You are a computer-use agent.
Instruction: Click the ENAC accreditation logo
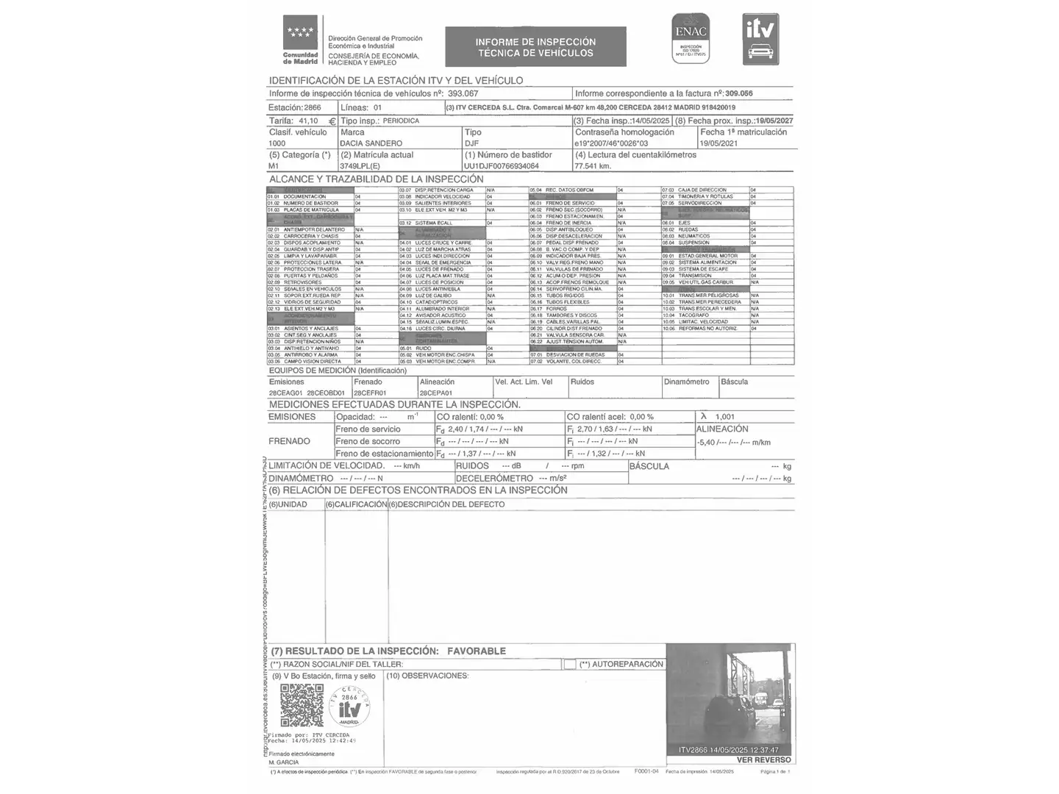(x=690, y=38)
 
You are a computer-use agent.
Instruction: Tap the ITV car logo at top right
(x=760, y=39)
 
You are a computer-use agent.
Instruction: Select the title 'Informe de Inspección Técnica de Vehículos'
(x=535, y=47)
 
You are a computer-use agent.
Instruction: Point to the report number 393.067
(x=463, y=94)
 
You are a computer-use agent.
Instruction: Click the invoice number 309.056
(x=739, y=94)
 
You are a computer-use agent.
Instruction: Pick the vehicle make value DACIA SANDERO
(x=371, y=143)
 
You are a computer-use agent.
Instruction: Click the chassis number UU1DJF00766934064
(x=502, y=166)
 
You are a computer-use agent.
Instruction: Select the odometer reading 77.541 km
(x=593, y=166)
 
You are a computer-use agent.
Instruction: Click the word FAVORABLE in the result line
(x=477, y=651)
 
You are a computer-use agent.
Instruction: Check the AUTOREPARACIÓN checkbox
(x=570, y=665)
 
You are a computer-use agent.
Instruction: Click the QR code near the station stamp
(x=302, y=706)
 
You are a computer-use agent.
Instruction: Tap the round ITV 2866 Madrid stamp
(x=349, y=706)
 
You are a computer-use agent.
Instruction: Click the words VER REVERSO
(x=763, y=760)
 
